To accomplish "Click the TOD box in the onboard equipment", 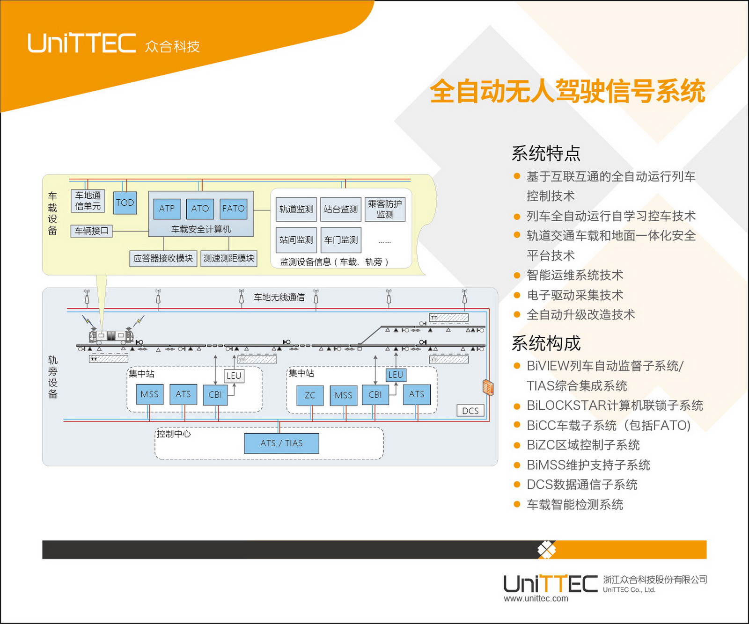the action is point(125,203).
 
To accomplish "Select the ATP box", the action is point(167,209).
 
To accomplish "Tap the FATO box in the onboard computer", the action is point(233,209).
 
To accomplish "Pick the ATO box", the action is point(200,209).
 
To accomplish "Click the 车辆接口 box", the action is point(91,231).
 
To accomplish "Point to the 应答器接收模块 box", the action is point(163,259).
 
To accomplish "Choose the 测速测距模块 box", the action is point(229,259).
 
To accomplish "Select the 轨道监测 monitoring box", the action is point(296,209).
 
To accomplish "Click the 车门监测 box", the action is point(341,240).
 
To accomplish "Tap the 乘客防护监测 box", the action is point(385,209).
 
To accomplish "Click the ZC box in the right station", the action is point(310,395).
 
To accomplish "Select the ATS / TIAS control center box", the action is point(281,443).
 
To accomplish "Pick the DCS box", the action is point(470,411).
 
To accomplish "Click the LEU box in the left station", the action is point(234,376).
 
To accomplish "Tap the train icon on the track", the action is point(111,335).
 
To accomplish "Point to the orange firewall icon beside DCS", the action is point(488,387).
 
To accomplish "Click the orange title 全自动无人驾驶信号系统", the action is point(567,91).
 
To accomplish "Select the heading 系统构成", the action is point(546,343).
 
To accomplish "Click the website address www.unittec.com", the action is point(536,598).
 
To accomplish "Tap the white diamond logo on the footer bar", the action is point(546,550).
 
